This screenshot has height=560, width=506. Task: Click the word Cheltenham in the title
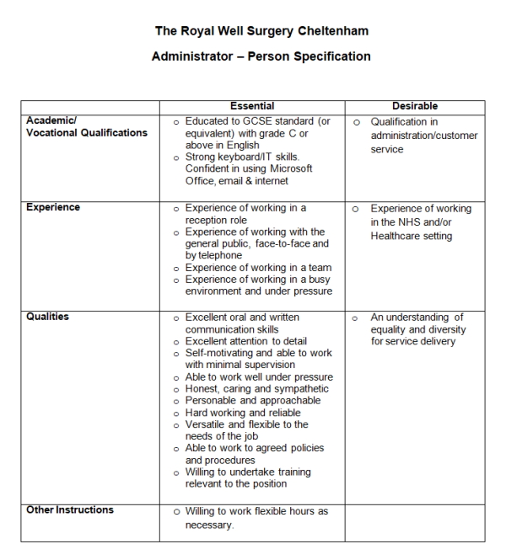(333, 31)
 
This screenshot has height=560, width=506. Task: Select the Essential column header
(251, 107)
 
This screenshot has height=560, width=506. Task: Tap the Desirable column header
(414, 107)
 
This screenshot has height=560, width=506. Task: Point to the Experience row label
(53, 207)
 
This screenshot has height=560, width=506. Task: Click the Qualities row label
(47, 317)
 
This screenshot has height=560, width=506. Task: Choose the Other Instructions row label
(70, 510)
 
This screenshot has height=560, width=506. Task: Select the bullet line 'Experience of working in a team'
(258, 268)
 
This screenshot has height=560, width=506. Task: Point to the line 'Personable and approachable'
(252, 401)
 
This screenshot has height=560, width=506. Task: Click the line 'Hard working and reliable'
(242, 413)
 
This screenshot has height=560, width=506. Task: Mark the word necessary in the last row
(208, 525)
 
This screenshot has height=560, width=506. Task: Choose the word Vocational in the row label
(56, 133)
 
